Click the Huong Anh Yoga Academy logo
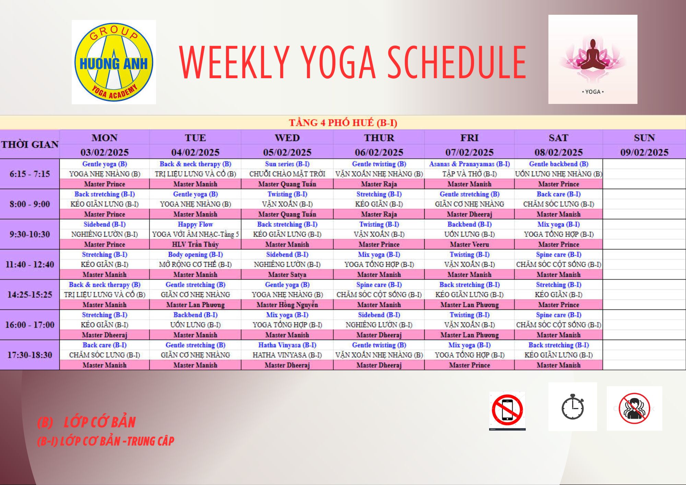(x=114, y=62)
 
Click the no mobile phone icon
(x=507, y=411)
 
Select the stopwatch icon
(x=572, y=407)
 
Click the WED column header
(x=287, y=138)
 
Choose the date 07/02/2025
(x=469, y=152)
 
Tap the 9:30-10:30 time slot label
(x=30, y=234)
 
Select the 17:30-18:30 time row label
(x=30, y=355)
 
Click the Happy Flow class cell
(x=195, y=224)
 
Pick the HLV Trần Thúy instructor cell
(x=195, y=245)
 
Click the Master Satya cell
(x=287, y=275)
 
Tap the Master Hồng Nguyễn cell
(x=287, y=305)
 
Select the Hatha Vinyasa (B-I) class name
(x=287, y=345)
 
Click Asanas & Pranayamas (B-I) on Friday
(x=469, y=164)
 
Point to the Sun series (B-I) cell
(x=287, y=164)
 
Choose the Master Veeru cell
(x=469, y=245)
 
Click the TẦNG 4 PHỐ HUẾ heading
(x=343, y=123)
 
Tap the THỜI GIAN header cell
(x=30, y=144)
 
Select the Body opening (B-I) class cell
(x=195, y=255)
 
